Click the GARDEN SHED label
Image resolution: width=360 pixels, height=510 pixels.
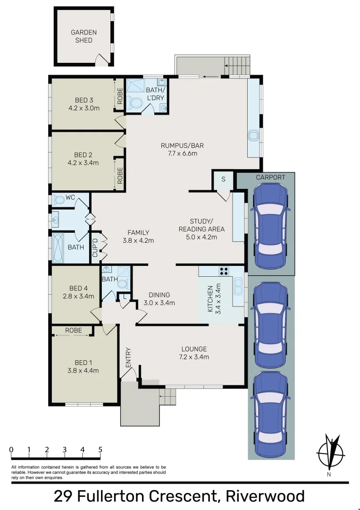point(84,36)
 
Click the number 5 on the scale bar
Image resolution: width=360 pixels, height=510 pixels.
point(100,450)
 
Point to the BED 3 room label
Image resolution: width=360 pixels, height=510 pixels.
point(84,100)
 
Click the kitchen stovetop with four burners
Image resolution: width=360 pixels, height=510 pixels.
point(224,271)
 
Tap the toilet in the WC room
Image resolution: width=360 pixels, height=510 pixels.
point(59,200)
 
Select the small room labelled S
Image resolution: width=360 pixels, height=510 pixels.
point(223,179)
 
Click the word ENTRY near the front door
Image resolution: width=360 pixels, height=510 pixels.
point(128,357)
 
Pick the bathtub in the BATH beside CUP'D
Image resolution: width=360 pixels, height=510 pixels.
point(59,247)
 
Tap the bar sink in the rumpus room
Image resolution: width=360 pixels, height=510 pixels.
point(254,136)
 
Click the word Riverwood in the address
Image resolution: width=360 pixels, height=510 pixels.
point(265,496)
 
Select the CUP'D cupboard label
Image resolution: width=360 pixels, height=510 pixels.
point(95,246)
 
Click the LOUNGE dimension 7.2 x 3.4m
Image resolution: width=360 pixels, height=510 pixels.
point(194,357)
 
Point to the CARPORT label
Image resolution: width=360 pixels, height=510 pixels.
point(270,178)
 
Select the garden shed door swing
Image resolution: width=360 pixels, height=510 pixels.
point(101,60)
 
